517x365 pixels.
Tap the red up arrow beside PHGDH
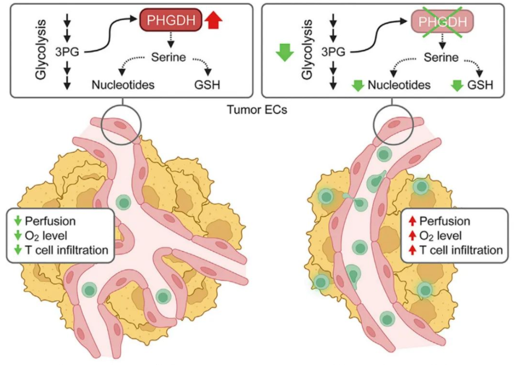(214, 22)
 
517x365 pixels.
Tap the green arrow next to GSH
(457, 86)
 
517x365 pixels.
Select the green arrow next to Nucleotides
(358, 86)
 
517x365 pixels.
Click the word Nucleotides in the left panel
(123, 85)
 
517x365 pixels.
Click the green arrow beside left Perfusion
(16, 221)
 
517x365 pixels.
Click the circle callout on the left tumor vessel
(121, 124)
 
